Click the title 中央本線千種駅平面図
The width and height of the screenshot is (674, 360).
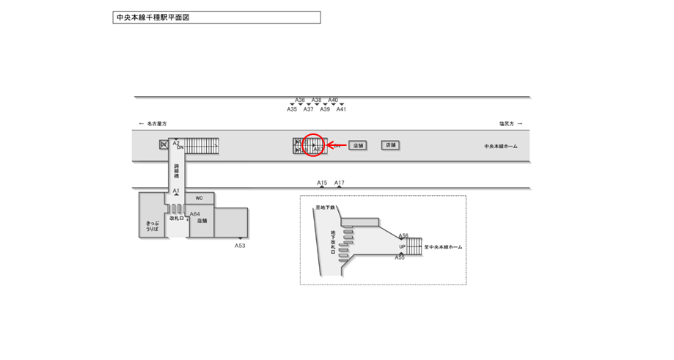pos(153,17)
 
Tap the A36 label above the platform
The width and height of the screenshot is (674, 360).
pos(300,100)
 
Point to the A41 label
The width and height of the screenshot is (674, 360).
pos(341,109)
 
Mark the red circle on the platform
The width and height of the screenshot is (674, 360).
pos(313,145)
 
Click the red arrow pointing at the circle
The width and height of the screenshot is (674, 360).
pos(335,145)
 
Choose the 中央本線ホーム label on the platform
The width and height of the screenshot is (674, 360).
pos(500,146)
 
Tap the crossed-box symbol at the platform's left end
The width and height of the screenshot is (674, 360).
pos(164,145)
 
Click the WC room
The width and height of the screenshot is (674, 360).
pos(199,198)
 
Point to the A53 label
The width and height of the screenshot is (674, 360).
pos(240,246)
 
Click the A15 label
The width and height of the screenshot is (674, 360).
pos(322,183)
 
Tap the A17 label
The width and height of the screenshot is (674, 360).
pos(340,183)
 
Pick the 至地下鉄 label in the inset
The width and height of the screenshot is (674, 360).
pos(325,208)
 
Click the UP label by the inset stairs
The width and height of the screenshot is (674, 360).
pos(403,247)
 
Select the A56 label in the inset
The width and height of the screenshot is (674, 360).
pos(403,236)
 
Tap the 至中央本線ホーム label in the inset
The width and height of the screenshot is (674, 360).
pos(443,247)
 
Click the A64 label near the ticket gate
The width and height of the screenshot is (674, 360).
pos(194,214)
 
